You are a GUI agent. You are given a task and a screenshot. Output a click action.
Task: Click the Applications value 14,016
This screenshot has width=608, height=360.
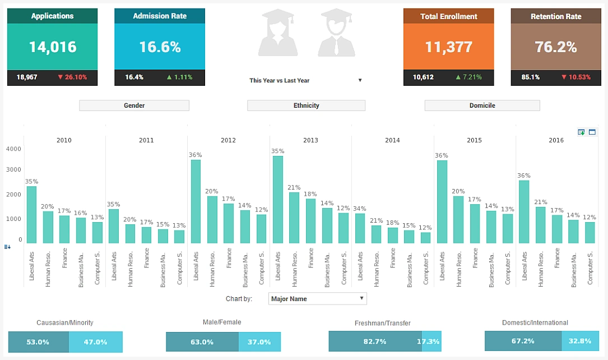pos(53,47)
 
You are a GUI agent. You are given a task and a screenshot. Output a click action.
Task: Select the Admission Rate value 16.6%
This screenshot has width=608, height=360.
pos(160,47)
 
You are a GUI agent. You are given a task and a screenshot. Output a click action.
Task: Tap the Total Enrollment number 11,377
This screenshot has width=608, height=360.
pos(448,47)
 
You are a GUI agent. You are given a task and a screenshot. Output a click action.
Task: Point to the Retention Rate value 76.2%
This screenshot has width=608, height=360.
pos(556,47)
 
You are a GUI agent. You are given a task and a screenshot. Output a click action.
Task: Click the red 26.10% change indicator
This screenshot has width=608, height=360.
pos(72,77)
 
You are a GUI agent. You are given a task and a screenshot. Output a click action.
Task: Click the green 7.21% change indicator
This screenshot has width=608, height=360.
pos(468,77)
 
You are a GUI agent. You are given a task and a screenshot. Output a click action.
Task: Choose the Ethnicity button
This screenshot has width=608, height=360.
pos(306,105)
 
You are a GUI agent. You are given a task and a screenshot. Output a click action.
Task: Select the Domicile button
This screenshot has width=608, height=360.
pos(482,105)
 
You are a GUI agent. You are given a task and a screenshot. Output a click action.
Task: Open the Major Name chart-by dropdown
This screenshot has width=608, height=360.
pos(317,299)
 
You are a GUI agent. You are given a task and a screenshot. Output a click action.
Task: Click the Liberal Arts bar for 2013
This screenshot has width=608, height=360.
pos(278,200)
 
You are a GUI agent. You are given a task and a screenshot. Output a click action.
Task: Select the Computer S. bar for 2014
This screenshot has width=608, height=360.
pos(426,238)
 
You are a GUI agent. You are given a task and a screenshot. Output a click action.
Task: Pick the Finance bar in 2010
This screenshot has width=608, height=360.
pos(64,229)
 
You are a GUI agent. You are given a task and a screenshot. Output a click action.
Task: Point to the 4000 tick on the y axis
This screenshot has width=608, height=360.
pos(14,149)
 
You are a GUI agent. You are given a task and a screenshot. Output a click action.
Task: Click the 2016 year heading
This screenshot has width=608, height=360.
pos(556,141)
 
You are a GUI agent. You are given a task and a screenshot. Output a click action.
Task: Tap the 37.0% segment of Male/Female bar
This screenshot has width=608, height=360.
pos(259,342)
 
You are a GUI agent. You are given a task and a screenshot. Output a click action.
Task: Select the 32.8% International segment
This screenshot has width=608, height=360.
pos(579,341)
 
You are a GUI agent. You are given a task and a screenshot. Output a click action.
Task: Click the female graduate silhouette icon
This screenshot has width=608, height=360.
pos(277,34)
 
